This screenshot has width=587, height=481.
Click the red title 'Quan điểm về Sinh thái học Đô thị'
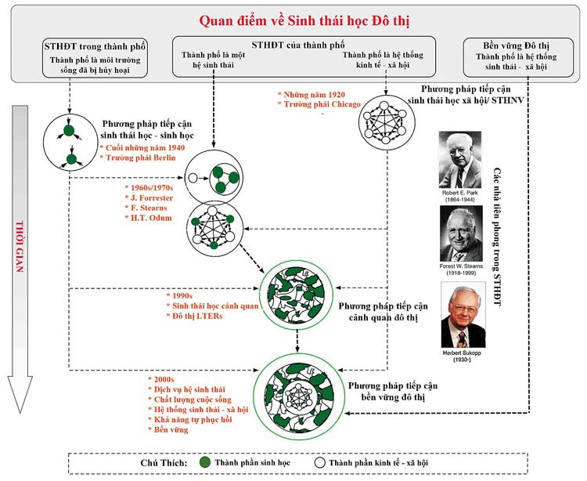point(304,21)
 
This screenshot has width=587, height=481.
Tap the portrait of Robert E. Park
point(460,160)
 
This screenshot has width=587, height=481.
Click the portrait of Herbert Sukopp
point(463,315)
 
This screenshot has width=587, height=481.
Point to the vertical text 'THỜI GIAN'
point(20,247)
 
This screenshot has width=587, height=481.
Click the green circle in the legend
point(205,462)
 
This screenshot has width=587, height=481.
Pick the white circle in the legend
point(319,463)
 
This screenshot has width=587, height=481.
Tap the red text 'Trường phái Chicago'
point(322,104)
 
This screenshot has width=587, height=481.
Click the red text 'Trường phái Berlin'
point(140,157)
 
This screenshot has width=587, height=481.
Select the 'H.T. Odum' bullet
point(151,218)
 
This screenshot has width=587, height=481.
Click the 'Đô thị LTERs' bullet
point(197,316)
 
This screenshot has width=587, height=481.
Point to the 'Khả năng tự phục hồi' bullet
point(193,420)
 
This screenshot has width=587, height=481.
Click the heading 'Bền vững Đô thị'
point(516,46)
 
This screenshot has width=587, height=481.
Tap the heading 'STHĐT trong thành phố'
point(95,46)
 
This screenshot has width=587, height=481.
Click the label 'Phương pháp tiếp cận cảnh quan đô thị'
point(383,312)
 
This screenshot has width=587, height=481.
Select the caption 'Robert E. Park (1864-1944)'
point(460,196)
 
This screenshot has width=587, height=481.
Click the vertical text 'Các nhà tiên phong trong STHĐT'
point(497,237)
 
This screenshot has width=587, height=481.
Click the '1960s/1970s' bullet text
point(152,188)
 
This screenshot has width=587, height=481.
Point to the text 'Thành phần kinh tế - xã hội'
point(378,463)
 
